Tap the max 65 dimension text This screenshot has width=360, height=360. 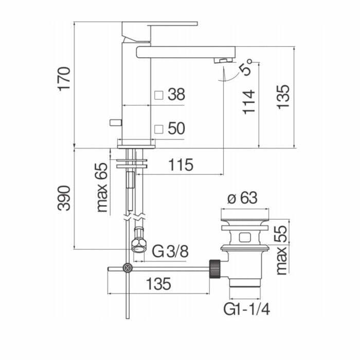coord(102,188)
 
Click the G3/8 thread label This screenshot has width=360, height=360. coord(171,251)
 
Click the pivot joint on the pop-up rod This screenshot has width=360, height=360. coord(127,268)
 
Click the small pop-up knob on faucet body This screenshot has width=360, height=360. coord(114,122)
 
